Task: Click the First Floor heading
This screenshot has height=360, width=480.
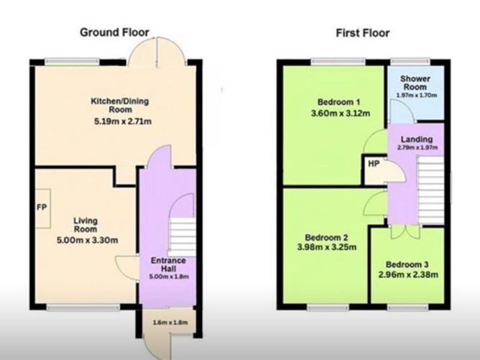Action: coord(362,32)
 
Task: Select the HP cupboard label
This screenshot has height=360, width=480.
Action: coord(374,164)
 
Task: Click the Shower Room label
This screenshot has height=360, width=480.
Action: coord(415,82)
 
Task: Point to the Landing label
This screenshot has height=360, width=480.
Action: coord(417,139)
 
